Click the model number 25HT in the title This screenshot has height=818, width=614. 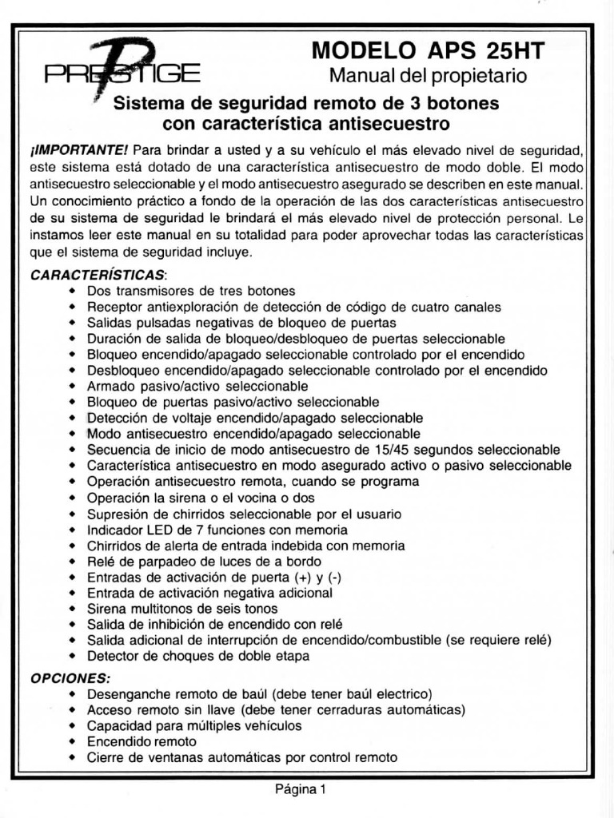pyautogui.click(x=514, y=51)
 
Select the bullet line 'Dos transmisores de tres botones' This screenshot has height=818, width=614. pyautogui.click(x=191, y=290)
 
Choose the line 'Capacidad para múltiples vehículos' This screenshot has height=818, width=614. pyautogui.click(x=194, y=725)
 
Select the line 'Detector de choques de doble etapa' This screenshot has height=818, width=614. pyautogui.click(x=198, y=656)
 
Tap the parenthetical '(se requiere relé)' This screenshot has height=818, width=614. pyautogui.click(x=501, y=640)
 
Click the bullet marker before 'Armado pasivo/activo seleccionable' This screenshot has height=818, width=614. pyautogui.click(x=72, y=387)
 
